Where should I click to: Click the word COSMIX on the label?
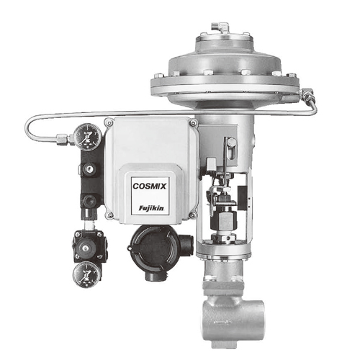coord(150,186)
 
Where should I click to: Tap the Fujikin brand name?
coord(151,208)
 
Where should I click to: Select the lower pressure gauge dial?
coord(86,274)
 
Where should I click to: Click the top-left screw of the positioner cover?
coord(109,123)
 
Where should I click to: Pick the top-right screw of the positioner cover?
coord(193,124)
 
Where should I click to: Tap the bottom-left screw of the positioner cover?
coord(109,215)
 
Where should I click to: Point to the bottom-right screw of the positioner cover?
coord(192,215)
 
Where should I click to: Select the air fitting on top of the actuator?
coord(220,27)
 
